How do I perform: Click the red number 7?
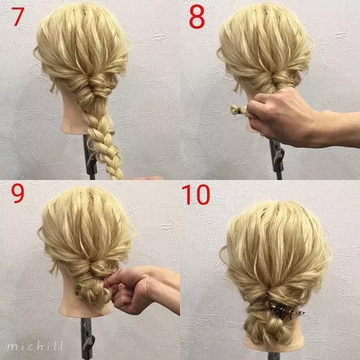[x=17, y=17]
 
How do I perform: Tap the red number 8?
[x=197, y=17]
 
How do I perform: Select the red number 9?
[x=17, y=193]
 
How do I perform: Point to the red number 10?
[x=196, y=194]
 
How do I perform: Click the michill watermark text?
[x=35, y=346]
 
